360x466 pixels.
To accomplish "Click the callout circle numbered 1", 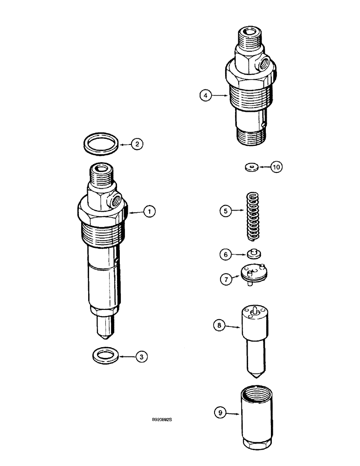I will click(x=149, y=212).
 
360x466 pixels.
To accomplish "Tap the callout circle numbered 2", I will click(x=137, y=144).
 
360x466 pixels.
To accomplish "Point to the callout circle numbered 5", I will click(x=225, y=211).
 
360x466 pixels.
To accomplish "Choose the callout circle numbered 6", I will click(x=225, y=254).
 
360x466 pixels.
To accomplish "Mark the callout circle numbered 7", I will click(x=225, y=279).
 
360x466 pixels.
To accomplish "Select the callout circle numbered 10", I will click(x=277, y=166).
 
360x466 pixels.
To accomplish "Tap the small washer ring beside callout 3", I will click(x=105, y=356).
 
